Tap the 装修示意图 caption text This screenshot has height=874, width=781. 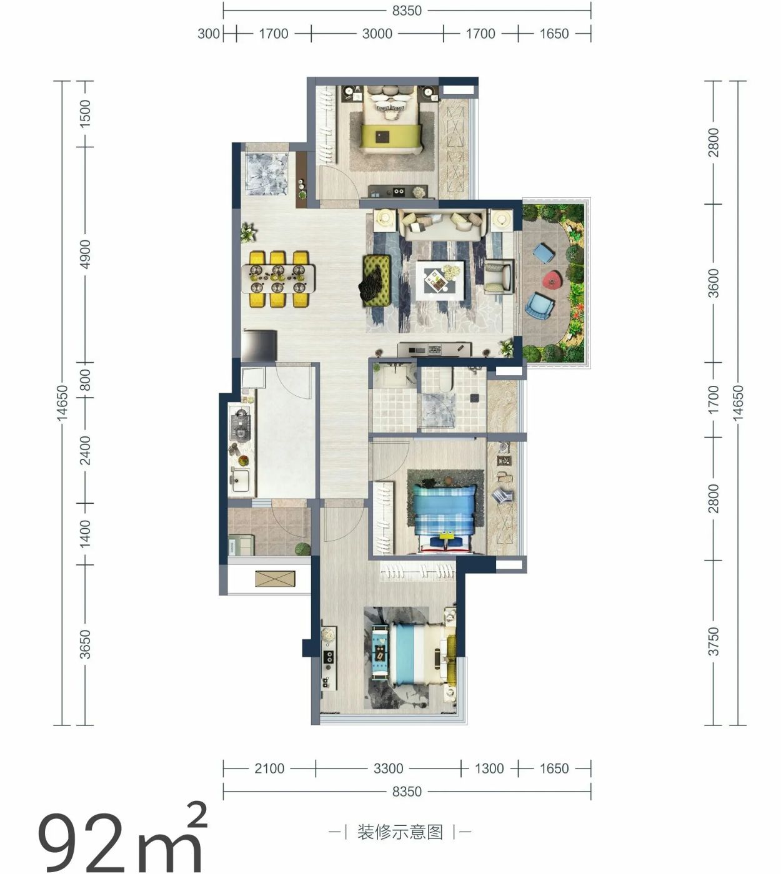coord(400,832)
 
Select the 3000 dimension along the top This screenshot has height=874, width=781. coord(377,34)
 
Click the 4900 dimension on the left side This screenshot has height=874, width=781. coord(86,255)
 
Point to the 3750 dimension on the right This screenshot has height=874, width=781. coord(714,642)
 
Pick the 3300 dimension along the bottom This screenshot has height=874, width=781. coord(388,768)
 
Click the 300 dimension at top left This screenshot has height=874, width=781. coord(209,34)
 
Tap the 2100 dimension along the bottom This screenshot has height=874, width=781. coord(269,768)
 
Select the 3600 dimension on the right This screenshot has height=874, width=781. coord(714,283)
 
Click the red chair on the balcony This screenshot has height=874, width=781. coord(552,279)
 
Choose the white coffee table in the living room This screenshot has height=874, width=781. coord(439,280)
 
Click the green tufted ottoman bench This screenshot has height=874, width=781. coord(377,280)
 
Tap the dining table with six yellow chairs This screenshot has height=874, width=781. coord(279,279)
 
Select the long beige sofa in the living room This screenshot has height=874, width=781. coord(441,225)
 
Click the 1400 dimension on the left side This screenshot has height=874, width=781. coord(86,534)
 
